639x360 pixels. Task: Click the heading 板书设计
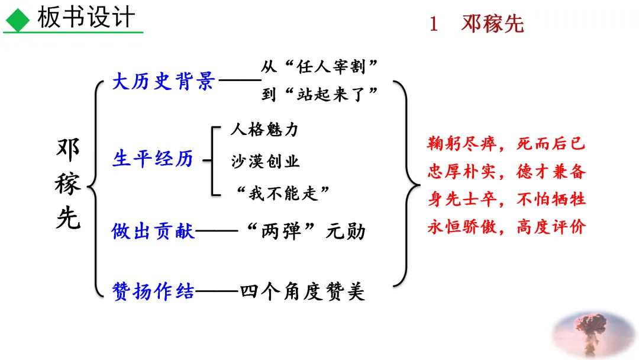pyautogui.click(x=86, y=18)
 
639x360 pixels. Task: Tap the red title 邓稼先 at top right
pyautogui.click(x=492, y=24)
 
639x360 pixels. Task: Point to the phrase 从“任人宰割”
pyautogui.click(x=319, y=67)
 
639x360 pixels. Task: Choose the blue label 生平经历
pyautogui.click(x=153, y=159)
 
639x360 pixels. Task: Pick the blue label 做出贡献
pyautogui.click(x=153, y=231)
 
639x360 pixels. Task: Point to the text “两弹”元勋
pyautogui.click(x=305, y=231)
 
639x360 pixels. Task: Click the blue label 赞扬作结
pyautogui.click(x=153, y=291)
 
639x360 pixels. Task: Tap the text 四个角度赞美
pyautogui.click(x=302, y=291)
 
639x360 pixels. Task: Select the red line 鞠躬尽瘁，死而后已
pyautogui.click(x=506, y=144)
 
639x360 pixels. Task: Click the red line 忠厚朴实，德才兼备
pyautogui.click(x=506, y=172)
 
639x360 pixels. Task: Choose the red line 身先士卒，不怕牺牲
pyautogui.click(x=506, y=200)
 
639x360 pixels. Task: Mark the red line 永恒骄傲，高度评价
pyautogui.click(x=506, y=227)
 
